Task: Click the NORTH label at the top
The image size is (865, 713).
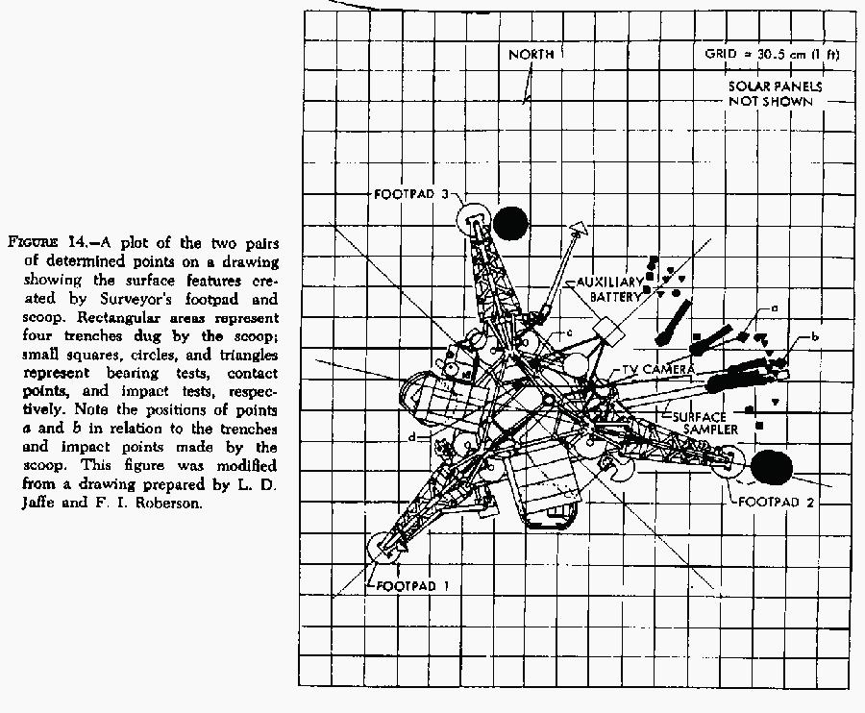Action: pos(531,55)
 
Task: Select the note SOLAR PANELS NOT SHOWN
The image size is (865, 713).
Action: pos(776,94)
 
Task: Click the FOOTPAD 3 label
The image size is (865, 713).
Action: pos(410,193)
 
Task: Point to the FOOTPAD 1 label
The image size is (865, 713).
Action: pos(412,585)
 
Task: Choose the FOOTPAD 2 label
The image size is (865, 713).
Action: pos(778,502)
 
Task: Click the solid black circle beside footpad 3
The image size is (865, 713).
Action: pos(510,223)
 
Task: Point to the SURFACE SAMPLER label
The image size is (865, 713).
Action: pos(698,424)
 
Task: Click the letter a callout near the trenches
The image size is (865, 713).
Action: pos(774,309)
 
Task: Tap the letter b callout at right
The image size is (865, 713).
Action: pos(814,336)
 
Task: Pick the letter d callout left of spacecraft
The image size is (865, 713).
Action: pos(411,438)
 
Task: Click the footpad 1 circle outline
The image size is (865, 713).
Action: pos(386,548)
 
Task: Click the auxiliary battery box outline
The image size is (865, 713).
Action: pos(607,332)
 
